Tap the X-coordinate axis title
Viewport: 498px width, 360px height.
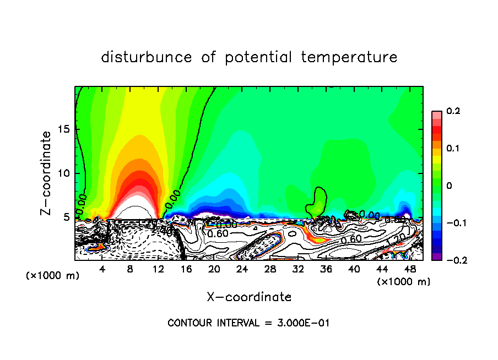point(249,297)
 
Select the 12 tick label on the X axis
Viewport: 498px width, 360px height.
point(158,269)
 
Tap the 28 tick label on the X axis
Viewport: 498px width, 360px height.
point(270,269)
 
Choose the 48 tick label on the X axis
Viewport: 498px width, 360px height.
point(409,269)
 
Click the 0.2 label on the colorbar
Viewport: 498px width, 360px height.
point(453,111)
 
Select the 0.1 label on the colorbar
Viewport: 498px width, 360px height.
point(453,149)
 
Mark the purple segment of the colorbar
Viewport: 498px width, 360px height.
point(437,256)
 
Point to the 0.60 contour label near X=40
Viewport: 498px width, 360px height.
point(351,240)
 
